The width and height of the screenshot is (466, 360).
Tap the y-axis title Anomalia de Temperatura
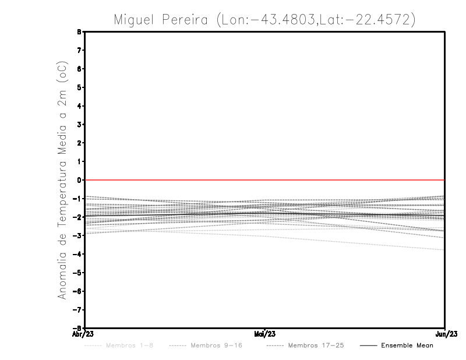(62, 180)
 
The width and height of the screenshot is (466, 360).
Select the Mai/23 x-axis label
(264, 334)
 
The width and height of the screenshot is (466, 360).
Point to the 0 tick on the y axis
(79, 180)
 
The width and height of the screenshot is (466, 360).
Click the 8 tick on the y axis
(79, 32)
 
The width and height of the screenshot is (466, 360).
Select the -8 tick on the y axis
(78, 328)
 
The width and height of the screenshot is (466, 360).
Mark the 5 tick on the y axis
(79, 87)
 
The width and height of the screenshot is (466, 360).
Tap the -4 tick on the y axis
(78, 254)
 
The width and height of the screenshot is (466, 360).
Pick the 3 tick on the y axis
(79, 125)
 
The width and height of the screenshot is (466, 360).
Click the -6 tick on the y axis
(78, 291)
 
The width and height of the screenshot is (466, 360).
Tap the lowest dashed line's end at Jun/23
(444, 250)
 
